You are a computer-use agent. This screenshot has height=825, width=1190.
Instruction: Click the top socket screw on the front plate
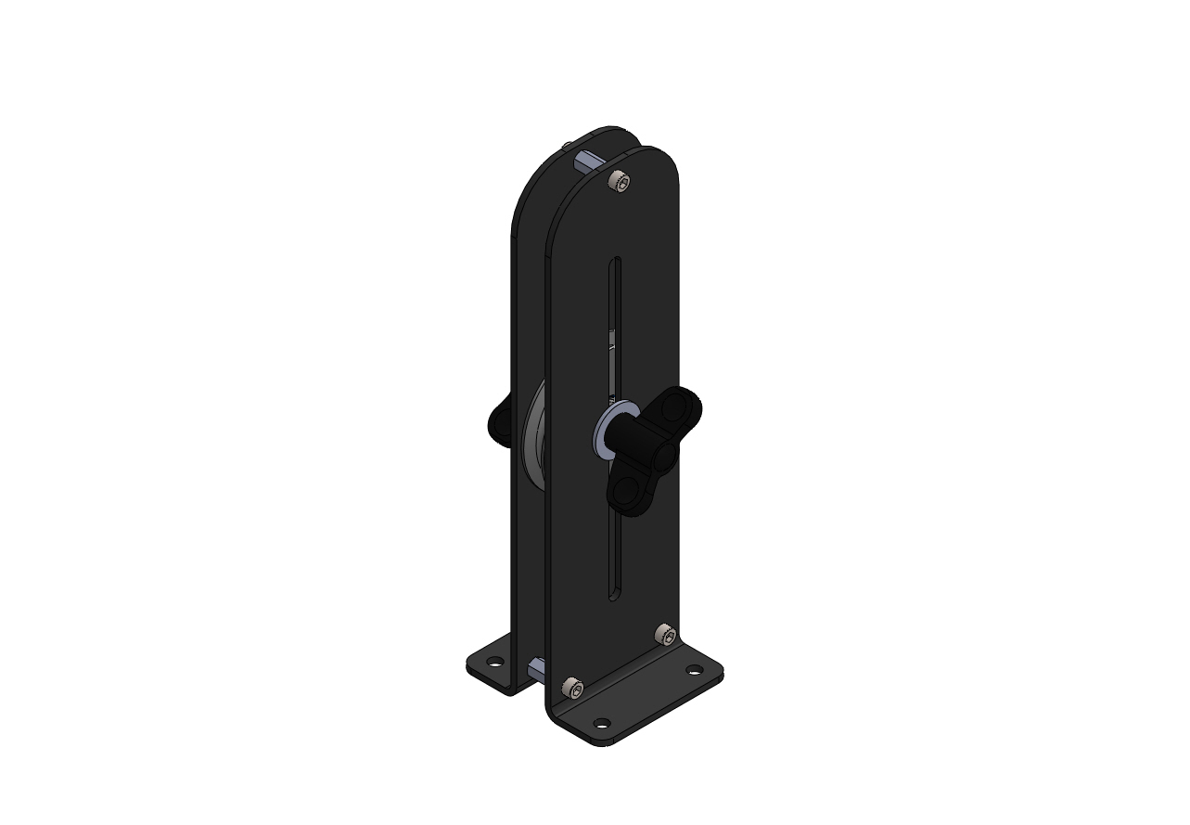click(619, 183)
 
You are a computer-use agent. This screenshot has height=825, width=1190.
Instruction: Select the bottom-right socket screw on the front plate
click(664, 635)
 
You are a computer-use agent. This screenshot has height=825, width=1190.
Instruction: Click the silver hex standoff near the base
click(537, 668)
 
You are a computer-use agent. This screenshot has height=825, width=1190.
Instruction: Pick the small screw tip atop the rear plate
click(566, 145)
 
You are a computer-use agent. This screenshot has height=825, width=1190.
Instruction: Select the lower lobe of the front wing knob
click(627, 493)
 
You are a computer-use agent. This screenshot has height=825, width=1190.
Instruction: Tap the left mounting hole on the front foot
click(602, 723)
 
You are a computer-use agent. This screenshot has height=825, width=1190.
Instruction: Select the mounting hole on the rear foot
click(495, 662)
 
